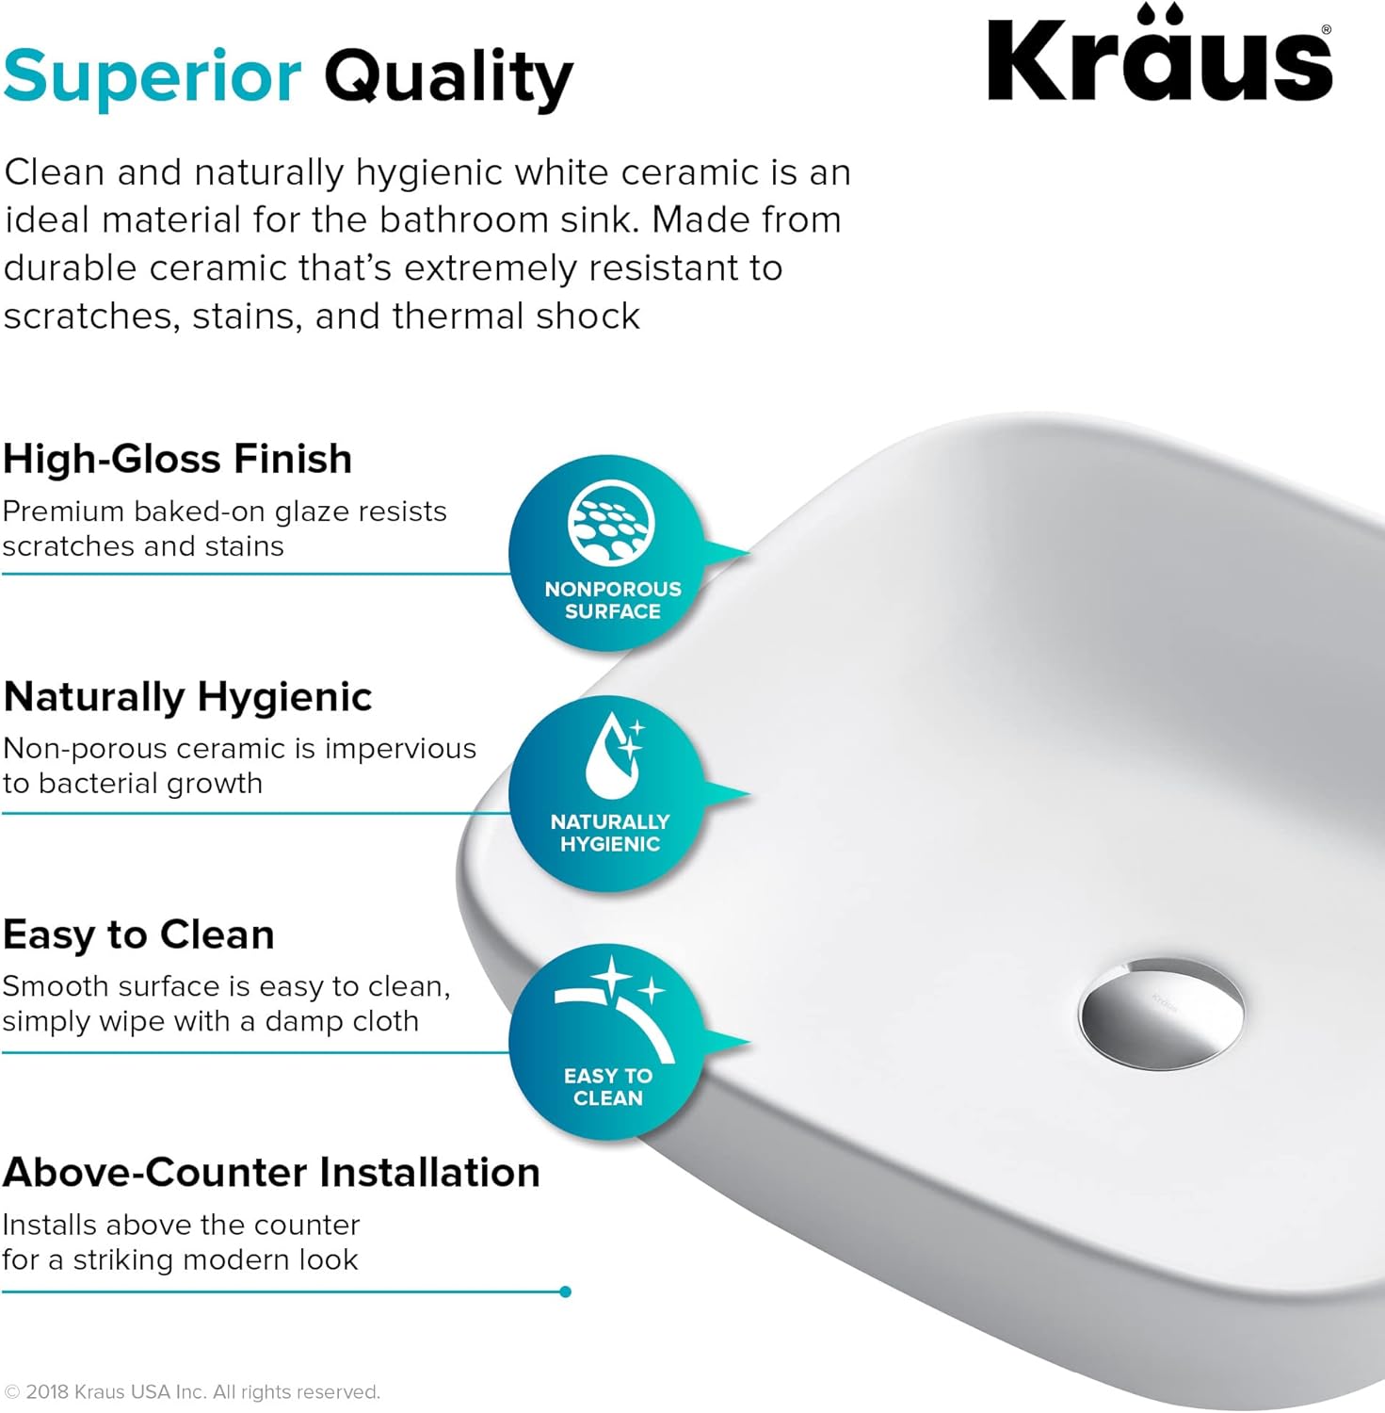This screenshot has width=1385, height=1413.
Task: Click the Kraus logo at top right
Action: (1158, 57)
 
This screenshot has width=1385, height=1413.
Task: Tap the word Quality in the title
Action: (448, 77)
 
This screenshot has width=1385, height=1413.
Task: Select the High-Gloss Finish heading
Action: (177, 459)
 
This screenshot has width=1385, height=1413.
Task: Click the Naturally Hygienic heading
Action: (187, 697)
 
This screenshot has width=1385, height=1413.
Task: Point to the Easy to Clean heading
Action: (138, 934)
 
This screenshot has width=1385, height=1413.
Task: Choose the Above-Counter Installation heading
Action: (271, 1173)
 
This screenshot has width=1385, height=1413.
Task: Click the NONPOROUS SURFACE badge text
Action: (612, 600)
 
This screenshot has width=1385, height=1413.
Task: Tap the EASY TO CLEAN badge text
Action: (608, 1087)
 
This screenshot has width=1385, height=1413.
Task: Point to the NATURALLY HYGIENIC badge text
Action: (610, 833)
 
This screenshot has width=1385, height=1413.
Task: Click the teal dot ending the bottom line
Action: (565, 1291)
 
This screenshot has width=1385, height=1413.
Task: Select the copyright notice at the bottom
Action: (192, 1392)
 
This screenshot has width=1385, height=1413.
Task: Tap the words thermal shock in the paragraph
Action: (516, 316)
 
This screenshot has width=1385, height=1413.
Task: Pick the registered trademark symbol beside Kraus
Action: (1327, 30)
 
